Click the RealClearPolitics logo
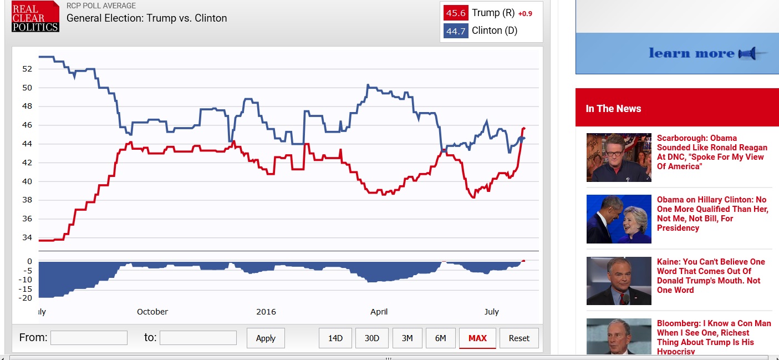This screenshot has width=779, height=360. tap(35, 17)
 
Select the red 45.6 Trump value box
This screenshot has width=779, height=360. tap(455, 13)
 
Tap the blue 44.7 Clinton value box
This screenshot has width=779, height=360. tap(455, 31)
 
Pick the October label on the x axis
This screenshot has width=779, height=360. tap(152, 312)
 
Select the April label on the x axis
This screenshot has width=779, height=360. tap(379, 312)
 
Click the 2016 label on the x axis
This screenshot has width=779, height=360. tap(266, 312)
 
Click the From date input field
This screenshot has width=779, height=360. tap(89, 338)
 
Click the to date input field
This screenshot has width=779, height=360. tap(198, 338)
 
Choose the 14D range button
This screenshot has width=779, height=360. tap(335, 338)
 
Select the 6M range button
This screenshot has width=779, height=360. tap(440, 338)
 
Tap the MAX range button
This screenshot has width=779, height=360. tap(477, 338)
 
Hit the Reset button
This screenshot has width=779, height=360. tap(519, 338)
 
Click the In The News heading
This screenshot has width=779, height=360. tap(613, 109)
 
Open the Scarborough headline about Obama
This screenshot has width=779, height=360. tap(712, 152)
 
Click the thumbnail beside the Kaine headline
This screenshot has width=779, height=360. tap(619, 281)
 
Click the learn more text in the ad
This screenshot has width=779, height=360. tap(691, 53)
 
